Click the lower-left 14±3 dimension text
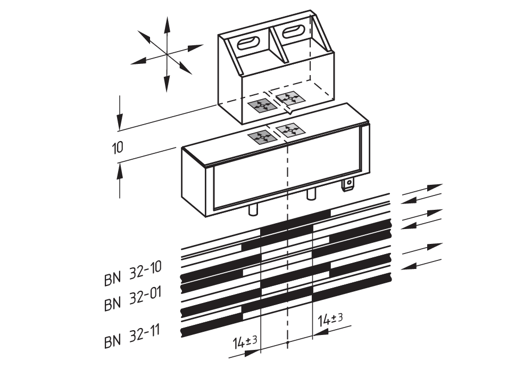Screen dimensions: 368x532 (245, 342)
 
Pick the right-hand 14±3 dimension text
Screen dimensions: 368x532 (330, 320)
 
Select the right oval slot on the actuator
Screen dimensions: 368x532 (293, 31)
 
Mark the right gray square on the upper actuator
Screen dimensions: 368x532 (289, 98)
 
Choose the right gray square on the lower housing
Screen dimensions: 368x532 (289, 129)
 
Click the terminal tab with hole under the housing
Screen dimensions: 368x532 (348, 185)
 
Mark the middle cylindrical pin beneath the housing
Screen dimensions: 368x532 (311, 195)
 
